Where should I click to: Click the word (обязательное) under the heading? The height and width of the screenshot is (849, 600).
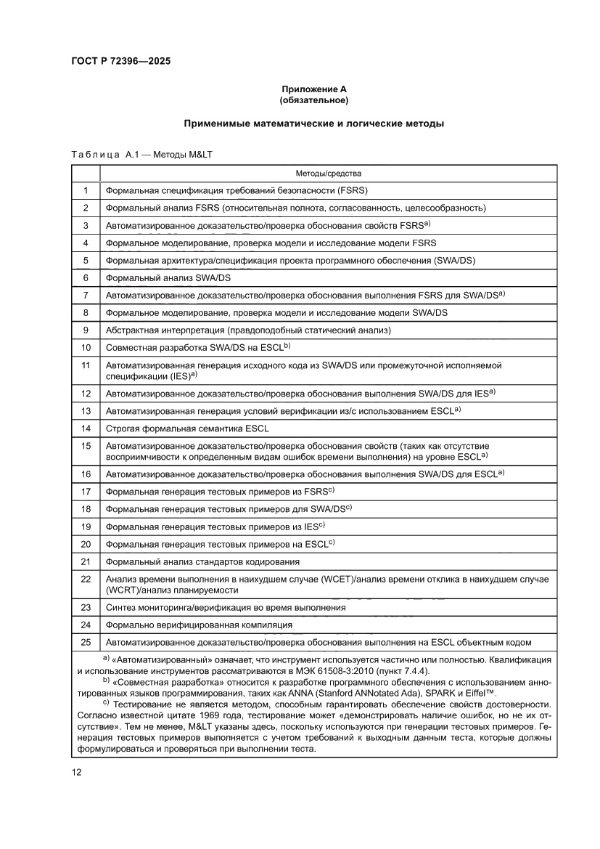click(313, 99)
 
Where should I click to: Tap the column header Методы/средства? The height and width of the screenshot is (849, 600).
click(328, 174)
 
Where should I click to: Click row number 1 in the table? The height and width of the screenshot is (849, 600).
click(86, 190)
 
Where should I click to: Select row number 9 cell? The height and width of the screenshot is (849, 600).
click(86, 330)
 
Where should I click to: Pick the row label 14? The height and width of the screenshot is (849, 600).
click(86, 428)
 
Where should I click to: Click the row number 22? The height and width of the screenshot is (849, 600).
click(86, 579)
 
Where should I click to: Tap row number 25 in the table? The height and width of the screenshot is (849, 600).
click(86, 642)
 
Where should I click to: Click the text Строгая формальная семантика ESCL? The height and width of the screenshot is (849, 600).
click(187, 428)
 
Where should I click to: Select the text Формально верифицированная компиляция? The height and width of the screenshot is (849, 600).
click(199, 625)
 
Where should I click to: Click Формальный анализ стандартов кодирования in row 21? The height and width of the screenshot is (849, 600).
click(202, 561)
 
